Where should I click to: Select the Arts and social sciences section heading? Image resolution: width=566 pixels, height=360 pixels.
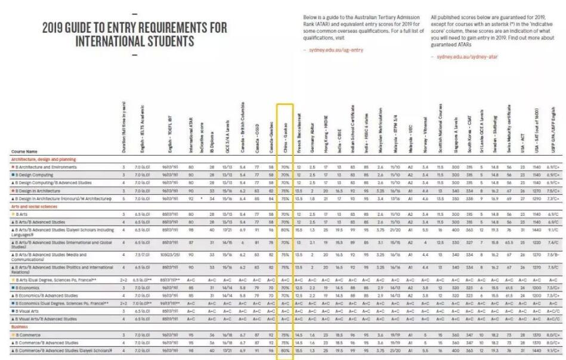[x=34, y=206]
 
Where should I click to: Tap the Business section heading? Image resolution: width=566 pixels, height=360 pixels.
[x=20, y=327]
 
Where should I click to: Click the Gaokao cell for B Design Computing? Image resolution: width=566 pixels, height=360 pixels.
[x=285, y=175]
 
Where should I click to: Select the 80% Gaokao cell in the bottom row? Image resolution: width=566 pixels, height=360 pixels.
[x=285, y=351]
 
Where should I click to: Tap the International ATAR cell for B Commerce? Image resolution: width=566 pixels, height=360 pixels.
[x=191, y=336]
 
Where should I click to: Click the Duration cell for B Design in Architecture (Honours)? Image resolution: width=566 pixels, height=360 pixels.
[x=123, y=198]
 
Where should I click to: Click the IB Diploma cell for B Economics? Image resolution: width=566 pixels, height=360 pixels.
[x=212, y=287]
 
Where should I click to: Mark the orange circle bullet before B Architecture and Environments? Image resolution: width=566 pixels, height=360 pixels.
[x=13, y=167]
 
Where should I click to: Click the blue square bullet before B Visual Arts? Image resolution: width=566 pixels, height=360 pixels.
[x=13, y=311]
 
